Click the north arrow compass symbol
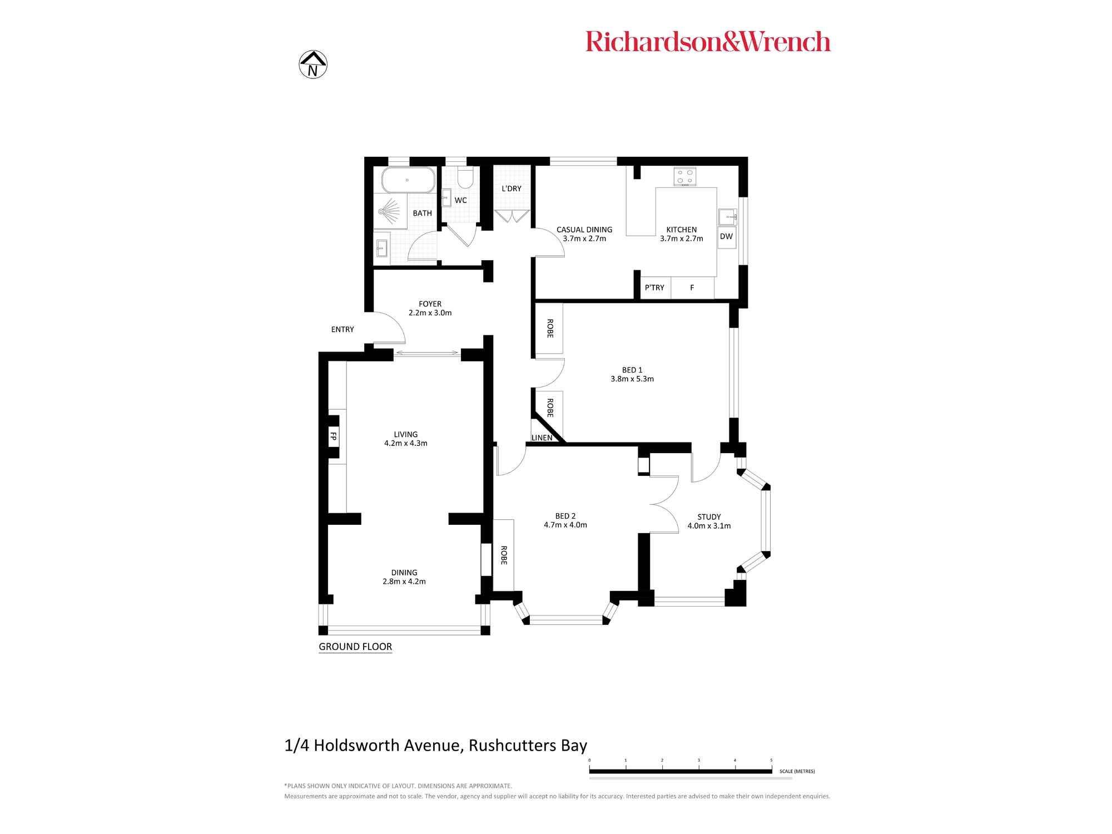pos(313,64)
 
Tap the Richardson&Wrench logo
pos(708,42)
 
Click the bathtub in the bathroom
pos(408,180)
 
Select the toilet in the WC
pos(465,177)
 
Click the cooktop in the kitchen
pos(684,177)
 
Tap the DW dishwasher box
pos(726,236)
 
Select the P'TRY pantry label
pos(654,287)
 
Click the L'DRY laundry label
pos(512,188)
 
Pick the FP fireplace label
pos(334,436)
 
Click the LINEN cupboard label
pos(542,438)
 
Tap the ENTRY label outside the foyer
pos(342,329)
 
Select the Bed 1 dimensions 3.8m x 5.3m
pos(632,379)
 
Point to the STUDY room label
pos(709,517)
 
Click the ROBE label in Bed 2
pos(504,555)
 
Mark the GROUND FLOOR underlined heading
pos(355,647)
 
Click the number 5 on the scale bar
pos(771,760)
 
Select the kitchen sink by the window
pos(727,216)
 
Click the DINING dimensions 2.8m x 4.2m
pos(404,582)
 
